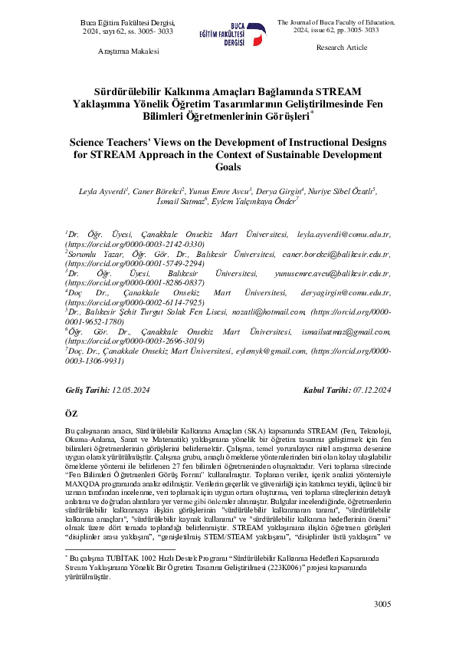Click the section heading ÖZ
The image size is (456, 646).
72,414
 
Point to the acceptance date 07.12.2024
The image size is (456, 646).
372,391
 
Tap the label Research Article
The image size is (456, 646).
341,48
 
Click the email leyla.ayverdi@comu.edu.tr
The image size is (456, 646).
355,232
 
